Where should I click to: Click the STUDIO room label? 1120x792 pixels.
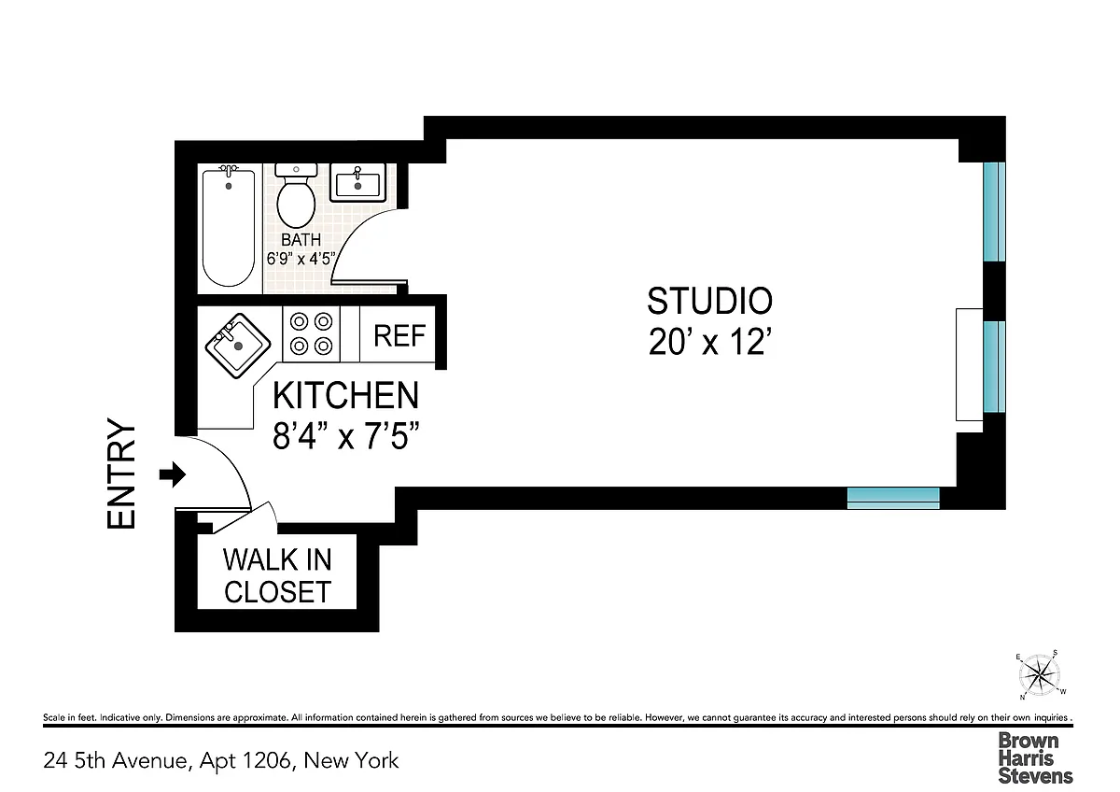[x=709, y=301]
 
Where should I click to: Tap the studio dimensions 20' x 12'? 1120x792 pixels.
[x=710, y=342]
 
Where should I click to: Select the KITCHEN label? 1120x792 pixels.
[x=345, y=395]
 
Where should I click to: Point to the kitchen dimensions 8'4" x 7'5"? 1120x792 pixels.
[x=345, y=435]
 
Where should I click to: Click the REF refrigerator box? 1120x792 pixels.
[x=398, y=334]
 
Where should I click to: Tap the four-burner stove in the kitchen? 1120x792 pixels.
[x=311, y=333]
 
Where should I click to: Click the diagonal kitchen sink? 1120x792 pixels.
[x=238, y=346]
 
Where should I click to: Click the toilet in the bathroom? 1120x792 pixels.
[x=296, y=196]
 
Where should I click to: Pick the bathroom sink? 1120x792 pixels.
[x=357, y=183]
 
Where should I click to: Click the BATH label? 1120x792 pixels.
[x=301, y=240]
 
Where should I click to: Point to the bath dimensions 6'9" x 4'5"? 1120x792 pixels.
[x=301, y=259]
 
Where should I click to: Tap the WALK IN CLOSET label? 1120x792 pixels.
[x=277, y=575]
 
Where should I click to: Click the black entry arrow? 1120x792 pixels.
[x=173, y=474]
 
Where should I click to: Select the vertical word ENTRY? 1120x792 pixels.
[x=121, y=474]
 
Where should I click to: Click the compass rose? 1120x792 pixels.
[x=1040, y=675]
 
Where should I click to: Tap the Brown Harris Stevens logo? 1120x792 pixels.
[x=1035, y=758]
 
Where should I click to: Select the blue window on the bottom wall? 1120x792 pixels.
[x=893, y=499]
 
